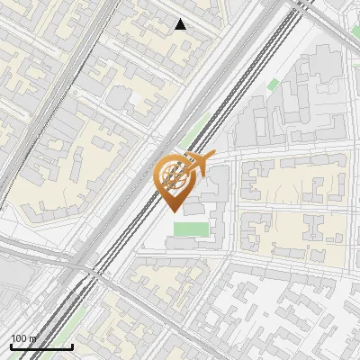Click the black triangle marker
(181, 24)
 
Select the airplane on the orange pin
(198, 162)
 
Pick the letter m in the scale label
(33, 338)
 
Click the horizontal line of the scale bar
(40, 346)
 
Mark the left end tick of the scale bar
(11, 345)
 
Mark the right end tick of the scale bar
(72, 345)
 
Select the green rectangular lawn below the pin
(189, 229)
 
